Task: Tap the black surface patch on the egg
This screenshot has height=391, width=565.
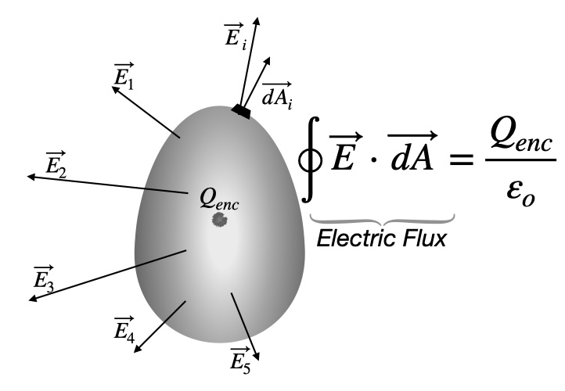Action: click(241, 112)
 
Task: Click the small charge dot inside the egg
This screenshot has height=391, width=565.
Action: click(218, 221)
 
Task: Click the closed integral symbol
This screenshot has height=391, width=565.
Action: click(311, 163)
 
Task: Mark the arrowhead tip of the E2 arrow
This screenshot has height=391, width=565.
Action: click(28, 178)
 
